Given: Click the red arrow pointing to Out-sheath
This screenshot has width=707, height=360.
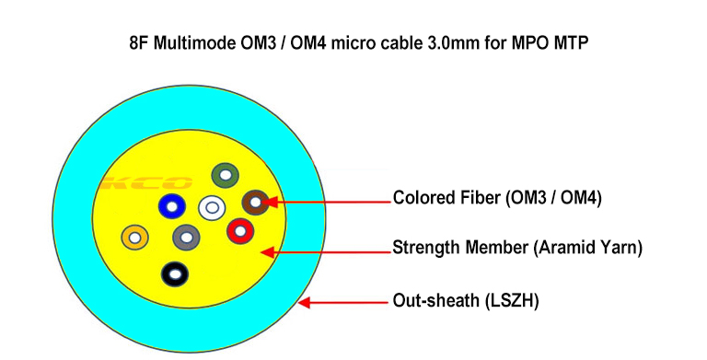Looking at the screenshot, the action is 342,302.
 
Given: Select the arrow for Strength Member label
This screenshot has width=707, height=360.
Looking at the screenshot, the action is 326,251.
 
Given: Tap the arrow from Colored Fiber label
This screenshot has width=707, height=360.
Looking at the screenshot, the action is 326,202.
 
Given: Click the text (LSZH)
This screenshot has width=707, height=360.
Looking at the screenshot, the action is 512,300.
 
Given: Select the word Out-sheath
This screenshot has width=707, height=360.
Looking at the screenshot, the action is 436,300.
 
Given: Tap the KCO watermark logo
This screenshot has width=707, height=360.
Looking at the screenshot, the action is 146,182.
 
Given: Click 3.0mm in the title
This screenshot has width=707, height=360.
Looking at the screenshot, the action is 453,43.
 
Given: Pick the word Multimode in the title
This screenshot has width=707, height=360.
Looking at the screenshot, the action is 194,43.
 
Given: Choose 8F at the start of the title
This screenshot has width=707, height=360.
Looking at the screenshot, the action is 139,43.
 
